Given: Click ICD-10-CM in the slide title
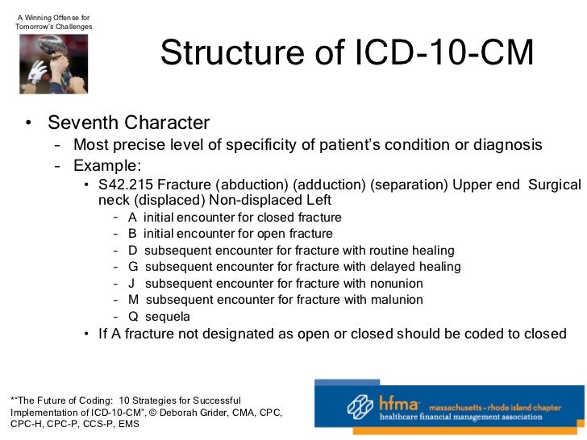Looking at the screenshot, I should click(445, 55).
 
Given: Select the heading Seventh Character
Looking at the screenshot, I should click(128, 123).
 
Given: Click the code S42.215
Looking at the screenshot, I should click(126, 185).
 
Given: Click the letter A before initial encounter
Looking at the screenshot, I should click(132, 218).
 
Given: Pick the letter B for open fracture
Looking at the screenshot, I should click(132, 234).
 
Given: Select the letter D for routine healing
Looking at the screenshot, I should click(132, 251).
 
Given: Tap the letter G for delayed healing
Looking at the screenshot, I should click(133, 267).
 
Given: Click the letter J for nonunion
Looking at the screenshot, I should click(131, 284).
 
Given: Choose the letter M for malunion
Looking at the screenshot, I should click(133, 300).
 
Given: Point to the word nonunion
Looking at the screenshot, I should click(393, 284).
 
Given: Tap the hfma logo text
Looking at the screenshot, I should click(404, 403).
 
